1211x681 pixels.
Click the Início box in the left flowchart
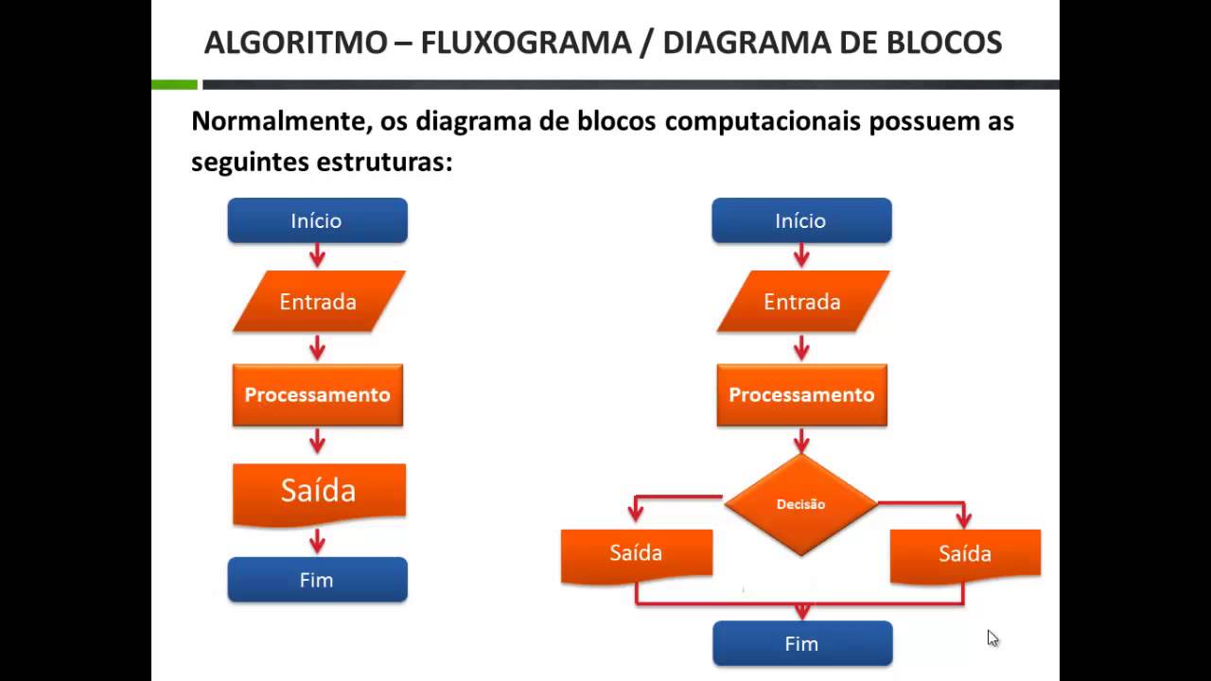pyautogui.click(x=317, y=220)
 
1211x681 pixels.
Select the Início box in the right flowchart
pyautogui.click(x=801, y=220)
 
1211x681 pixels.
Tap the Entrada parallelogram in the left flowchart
pyautogui.click(x=318, y=302)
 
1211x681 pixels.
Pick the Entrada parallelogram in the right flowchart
pyautogui.click(x=802, y=302)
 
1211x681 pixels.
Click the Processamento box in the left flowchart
pyautogui.click(x=318, y=394)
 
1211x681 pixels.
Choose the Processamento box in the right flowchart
pyautogui.click(x=801, y=394)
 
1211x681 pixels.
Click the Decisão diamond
pyautogui.click(x=801, y=504)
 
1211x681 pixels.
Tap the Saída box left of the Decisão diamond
pyautogui.click(x=636, y=553)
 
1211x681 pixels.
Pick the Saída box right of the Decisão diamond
pyautogui.click(x=965, y=553)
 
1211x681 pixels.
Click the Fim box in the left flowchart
pyautogui.click(x=317, y=580)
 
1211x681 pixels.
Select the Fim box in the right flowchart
pyautogui.click(x=801, y=643)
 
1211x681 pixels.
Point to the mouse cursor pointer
pyautogui.click(x=992, y=638)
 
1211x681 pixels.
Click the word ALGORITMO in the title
pyautogui.click(x=295, y=43)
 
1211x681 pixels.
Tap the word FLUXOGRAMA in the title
pyautogui.click(x=526, y=43)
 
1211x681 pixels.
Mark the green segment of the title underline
pyautogui.click(x=174, y=85)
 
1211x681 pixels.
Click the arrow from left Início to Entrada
pyautogui.click(x=317, y=255)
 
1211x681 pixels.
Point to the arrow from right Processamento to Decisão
pyautogui.click(x=801, y=440)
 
